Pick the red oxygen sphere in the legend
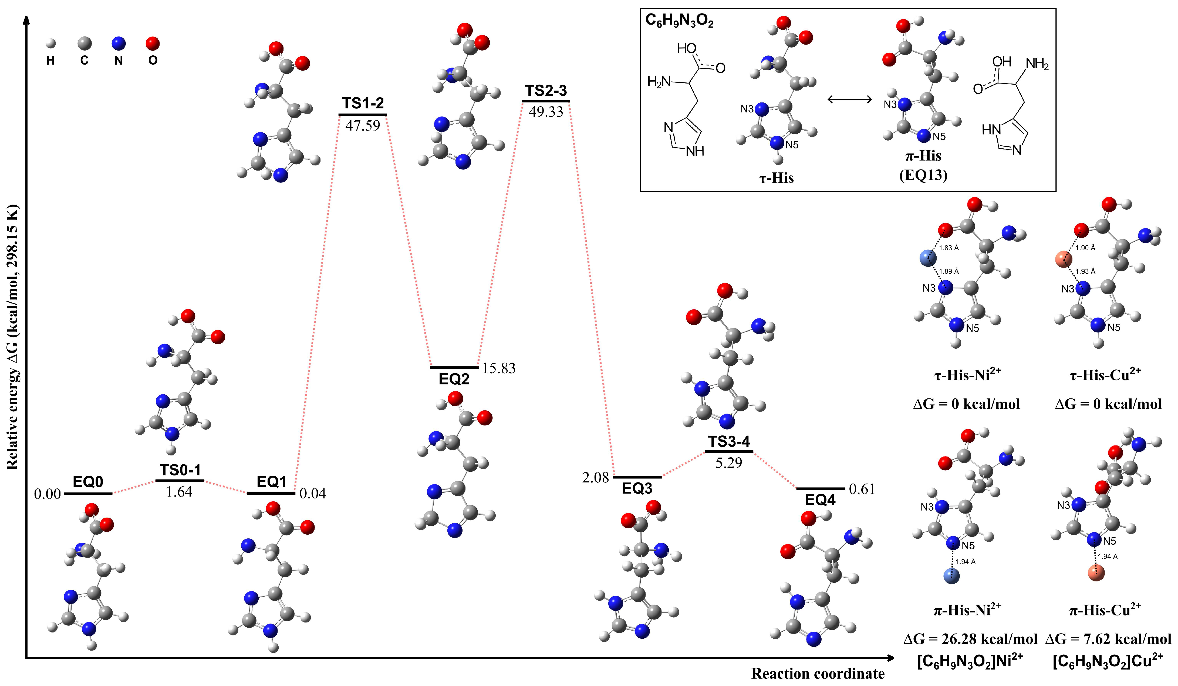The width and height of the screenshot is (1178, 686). pos(152,44)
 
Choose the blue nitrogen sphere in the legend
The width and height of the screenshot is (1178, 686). pos(119,44)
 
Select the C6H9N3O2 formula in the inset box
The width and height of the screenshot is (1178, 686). pos(679,21)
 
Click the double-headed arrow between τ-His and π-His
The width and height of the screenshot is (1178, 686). pos(850,99)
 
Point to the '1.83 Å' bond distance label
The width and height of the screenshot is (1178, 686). pos(949,248)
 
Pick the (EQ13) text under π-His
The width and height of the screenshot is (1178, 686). pos(923,175)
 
